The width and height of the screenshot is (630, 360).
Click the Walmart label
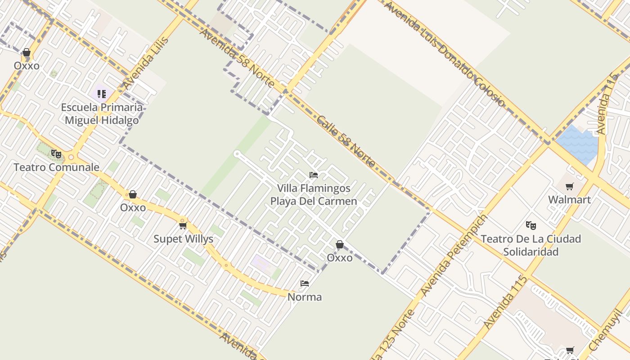[569, 200]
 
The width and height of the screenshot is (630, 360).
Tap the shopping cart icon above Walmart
[570, 186]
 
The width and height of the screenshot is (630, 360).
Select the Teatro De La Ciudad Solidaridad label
[531, 245]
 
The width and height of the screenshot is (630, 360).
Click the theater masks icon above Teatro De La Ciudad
[531, 225]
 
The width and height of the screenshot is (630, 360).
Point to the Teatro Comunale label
[56, 167]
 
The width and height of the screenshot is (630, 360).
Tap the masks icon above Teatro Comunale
[56, 154]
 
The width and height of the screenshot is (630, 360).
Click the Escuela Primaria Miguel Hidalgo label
[102, 114]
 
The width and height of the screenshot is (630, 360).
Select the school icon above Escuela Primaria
[102, 94]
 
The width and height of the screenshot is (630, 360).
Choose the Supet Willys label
[183, 239]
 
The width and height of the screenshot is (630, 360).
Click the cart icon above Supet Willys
[183, 225]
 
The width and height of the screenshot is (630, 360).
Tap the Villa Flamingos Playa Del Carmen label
[314, 194]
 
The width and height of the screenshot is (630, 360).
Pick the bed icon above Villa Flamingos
[314, 175]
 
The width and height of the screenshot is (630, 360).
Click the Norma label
[305, 297]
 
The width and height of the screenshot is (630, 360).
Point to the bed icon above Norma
[305, 283]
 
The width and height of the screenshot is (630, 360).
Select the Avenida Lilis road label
[146, 63]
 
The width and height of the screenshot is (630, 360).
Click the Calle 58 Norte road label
[346, 141]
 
